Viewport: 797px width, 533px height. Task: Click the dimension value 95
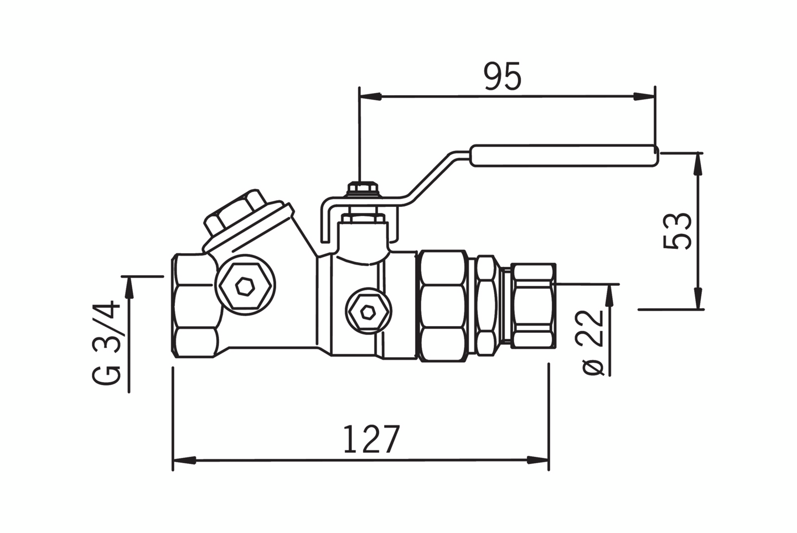(x=503, y=76)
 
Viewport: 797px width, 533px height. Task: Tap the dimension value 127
(x=371, y=440)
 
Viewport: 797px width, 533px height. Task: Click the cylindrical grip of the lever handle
(x=563, y=155)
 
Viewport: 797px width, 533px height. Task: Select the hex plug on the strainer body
(x=244, y=286)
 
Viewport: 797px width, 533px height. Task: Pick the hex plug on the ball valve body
(x=367, y=312)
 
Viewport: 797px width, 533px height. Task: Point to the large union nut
(x=443, y=306)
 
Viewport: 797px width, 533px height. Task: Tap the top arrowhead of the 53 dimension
(x=699, y=162)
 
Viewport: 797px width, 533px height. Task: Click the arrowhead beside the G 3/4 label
(x=130, y=287)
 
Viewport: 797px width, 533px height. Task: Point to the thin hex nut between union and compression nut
(x=487, y=306)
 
